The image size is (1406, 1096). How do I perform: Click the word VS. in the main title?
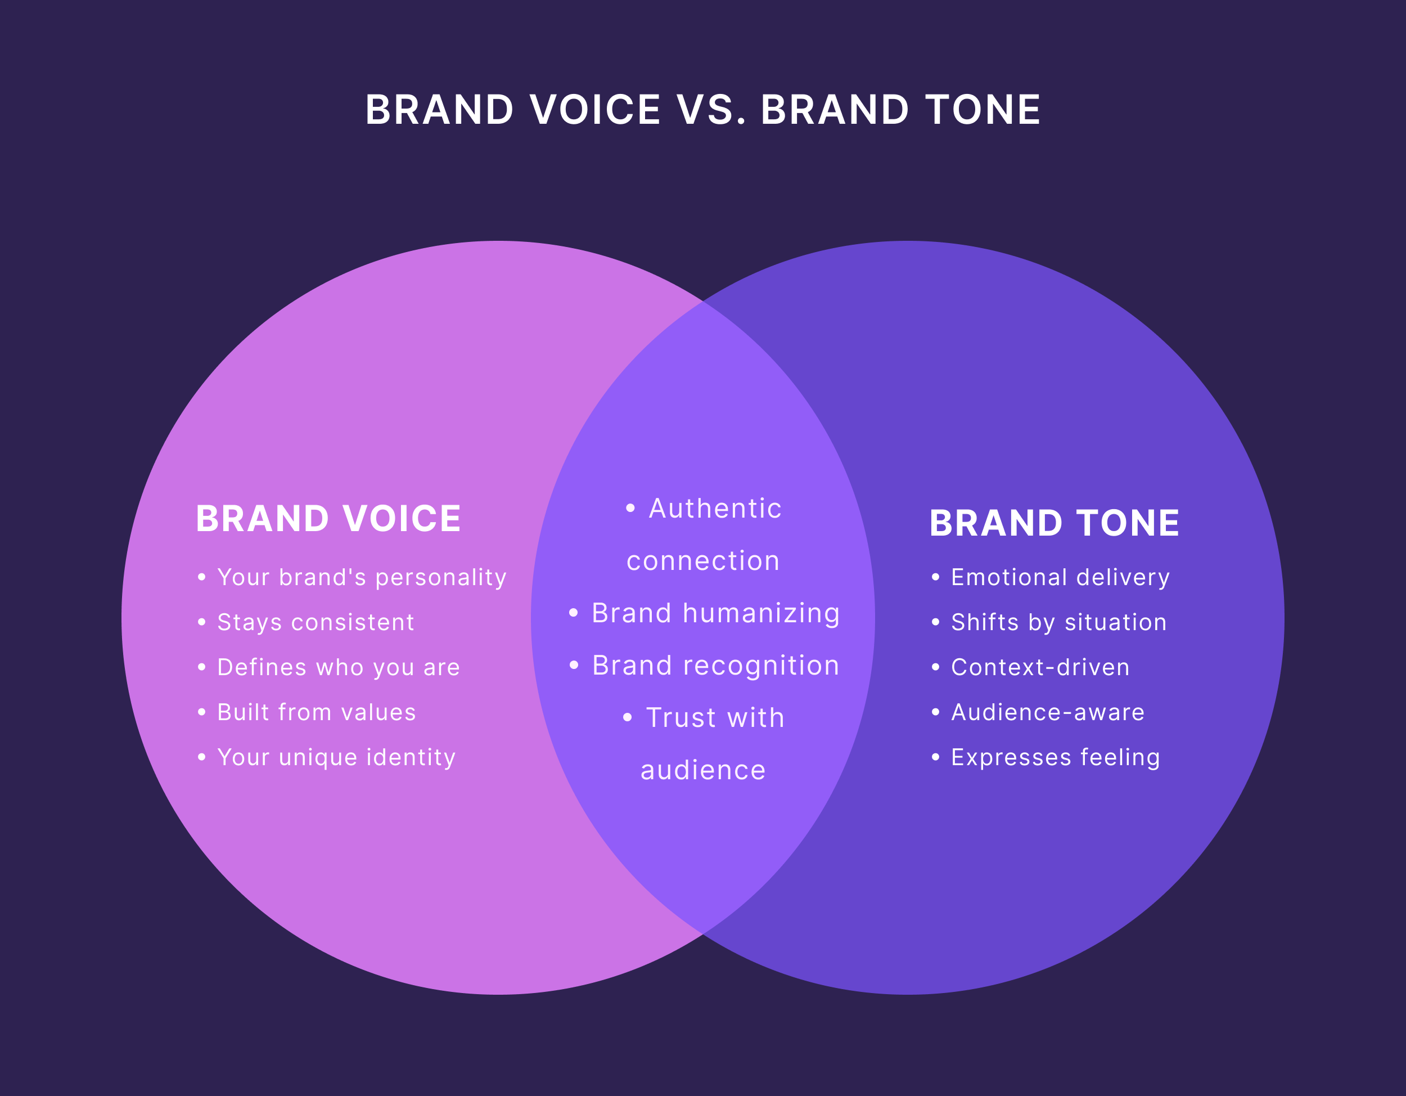[711, 110]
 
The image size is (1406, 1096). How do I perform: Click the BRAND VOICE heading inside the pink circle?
[328, 519]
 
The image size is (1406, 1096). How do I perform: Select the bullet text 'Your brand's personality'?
[362, 578]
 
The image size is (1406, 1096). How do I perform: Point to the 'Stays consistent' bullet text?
[316, 623]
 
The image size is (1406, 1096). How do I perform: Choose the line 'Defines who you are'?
[339, 668]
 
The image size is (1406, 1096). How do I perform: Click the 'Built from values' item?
[317, 712]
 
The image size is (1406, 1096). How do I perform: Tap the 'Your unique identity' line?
[337, 757]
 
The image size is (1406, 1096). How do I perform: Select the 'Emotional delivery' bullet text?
[1060, 578]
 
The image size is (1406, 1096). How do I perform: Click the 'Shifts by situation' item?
[1059, 623]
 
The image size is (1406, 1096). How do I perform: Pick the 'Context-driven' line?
[1040, 668]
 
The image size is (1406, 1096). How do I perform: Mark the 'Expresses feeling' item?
[1056, 757]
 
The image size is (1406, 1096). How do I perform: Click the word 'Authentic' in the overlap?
[715, 509]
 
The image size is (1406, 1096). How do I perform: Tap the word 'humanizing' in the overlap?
[761, 614]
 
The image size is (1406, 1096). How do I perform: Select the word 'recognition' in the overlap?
[761, 666]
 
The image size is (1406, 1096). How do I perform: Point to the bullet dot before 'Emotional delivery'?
[935, 578]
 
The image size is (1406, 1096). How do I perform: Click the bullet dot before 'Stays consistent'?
[202, 623]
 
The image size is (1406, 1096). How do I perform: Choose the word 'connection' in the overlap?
[703, 562]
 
